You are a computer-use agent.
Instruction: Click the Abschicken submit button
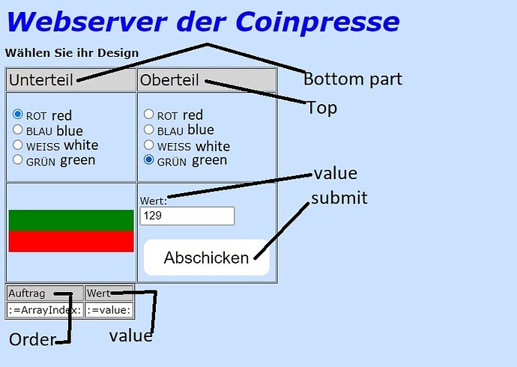coord(207,258)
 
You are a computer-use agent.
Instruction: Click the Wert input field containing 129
coord(187,216)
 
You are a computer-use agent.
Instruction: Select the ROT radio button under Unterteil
coord(17,115)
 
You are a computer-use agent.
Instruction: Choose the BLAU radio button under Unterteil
coord(17,130)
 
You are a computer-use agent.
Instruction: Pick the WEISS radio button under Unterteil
coord(17,145)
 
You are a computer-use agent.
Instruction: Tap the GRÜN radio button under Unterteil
coord(17,160)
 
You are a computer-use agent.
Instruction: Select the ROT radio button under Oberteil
coord(148,115)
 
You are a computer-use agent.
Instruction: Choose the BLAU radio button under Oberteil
coord(148,130)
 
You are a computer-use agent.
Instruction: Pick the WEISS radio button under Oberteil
coord(148,145)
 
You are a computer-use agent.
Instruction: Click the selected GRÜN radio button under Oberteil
coord(148,160)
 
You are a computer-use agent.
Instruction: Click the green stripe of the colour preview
coord(71,220)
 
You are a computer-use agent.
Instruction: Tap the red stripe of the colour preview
coord(71,241)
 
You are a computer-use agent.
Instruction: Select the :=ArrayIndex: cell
coord(45,310)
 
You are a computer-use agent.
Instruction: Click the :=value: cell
coord(109,310)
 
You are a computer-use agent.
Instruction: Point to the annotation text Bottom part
coord(353,79)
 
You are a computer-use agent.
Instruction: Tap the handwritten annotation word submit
coord(339,198)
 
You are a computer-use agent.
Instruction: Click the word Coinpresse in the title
coord(318,22)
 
